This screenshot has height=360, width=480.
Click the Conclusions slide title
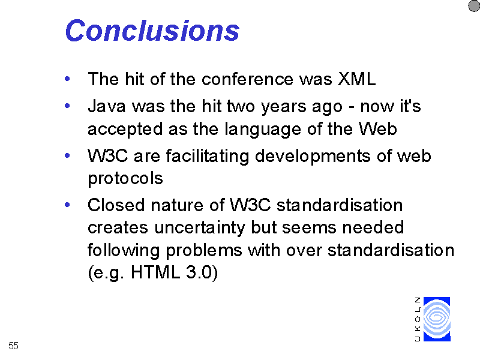[152, 31]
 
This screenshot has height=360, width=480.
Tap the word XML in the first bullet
[356, 79]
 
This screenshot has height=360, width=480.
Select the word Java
[107, 106]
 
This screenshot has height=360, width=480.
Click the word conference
[247, 79]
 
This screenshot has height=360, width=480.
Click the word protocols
[125, 179]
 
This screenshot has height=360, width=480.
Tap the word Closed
[116, 205]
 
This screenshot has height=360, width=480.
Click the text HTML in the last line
[155, 272]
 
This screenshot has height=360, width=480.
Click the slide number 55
[13, 346]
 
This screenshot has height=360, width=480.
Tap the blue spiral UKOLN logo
[437, 319]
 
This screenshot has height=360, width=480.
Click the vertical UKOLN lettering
[418, 319]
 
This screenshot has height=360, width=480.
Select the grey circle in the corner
[474, 6]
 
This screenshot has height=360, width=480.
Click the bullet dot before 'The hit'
[67, 79]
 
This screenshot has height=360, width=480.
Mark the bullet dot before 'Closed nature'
[67, 205]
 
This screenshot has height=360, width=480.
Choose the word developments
[313, 156]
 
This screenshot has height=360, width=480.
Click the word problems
[204, 251]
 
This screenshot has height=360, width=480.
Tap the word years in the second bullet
[283, 107]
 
